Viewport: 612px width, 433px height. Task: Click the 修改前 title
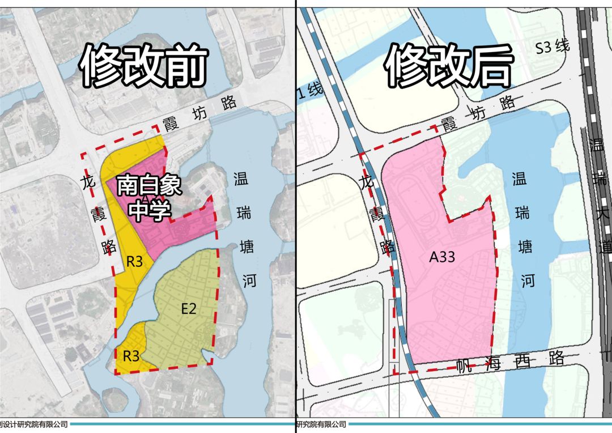tap(142, 67)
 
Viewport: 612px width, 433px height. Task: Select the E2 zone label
tap(189, 309)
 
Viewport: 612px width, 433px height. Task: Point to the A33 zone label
tap(441, 257)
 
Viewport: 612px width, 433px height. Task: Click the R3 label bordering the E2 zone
tap(131, 356)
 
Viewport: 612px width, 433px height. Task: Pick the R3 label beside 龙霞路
tap(134, 262)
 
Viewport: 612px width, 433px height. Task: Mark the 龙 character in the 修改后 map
tap(368, 182)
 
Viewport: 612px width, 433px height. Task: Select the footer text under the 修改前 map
tap(34, 424)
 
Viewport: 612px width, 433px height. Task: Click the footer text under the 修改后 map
tap(321, 424)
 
